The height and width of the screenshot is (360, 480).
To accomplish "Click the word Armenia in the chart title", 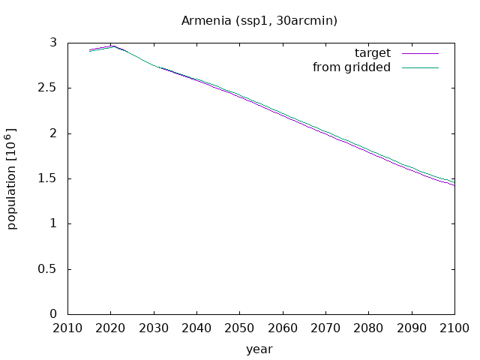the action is click(206, 21).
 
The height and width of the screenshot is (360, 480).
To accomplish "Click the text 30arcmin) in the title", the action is click(307, 21).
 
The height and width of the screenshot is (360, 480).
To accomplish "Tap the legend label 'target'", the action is click(373, 53).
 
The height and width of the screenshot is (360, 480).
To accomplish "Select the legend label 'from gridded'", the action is click(352, 67).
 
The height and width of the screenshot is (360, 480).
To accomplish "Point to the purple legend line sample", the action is click(420, 53).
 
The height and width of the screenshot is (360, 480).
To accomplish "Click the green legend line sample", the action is click(420, 68).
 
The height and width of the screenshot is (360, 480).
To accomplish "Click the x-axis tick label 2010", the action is click(67, 328).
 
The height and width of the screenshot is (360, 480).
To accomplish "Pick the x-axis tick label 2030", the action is click(154, 328).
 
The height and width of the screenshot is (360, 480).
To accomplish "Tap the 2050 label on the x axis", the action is click(239, 328).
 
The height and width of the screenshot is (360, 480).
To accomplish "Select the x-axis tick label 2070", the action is click(325, 328).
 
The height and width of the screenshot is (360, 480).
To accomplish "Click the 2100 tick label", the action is click(454, 328).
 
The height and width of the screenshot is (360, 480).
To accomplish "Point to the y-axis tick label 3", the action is click(53, 43).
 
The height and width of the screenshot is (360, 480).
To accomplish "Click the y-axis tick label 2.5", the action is click(47, 88).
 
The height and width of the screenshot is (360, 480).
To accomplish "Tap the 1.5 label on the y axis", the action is click(47, 178).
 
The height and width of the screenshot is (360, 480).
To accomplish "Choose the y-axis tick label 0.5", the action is click(47, 269).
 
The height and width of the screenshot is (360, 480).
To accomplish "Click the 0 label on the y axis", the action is click(53, 314).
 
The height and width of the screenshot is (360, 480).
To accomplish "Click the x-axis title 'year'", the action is click(259, 349).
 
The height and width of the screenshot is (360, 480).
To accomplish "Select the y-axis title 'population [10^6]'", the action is click(11, 178).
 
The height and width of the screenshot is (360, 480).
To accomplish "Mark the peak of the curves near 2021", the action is click(113, 46).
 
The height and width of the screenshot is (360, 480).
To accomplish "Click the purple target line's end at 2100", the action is click(454, 185).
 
